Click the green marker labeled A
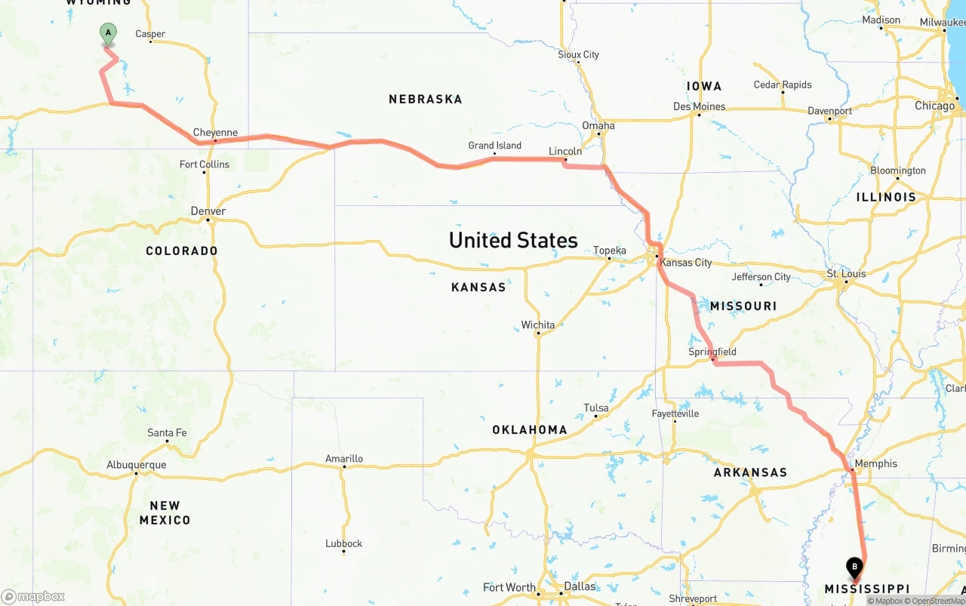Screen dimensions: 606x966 coord(108,33)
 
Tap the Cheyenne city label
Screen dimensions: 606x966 coord(215,133)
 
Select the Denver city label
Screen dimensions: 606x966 coord(208,211)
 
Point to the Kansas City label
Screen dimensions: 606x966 coord(685,263)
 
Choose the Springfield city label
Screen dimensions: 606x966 coord(712,352)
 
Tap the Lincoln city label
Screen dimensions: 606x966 coord(565,151)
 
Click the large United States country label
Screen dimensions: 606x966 coord(513,240)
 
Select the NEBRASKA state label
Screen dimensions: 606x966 coord(425,99)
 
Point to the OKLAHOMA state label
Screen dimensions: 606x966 coord(529,429)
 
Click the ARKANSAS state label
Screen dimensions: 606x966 coord(750,472)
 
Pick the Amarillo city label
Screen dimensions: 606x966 coord(344,458)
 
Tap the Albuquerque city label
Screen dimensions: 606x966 coord(136,465)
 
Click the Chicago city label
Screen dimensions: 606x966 coord(934,106)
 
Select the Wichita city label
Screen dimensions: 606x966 coord(537,325)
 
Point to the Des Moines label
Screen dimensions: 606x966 coord(699,106)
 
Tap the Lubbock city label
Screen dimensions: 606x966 coord(343,543)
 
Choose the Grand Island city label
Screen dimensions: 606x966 coord(494,146)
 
